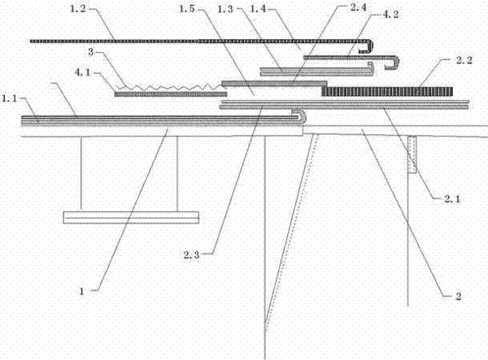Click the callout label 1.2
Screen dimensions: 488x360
77,9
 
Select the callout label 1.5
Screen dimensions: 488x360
187,9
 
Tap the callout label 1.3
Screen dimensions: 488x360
225,9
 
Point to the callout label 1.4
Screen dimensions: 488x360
258,9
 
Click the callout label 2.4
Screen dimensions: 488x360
359,7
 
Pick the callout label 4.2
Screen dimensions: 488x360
390,15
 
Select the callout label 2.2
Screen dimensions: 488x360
464,60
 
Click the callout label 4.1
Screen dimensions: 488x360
82,72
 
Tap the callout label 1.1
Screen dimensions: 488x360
9,98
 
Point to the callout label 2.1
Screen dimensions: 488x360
452,199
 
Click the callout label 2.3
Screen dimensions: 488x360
191,255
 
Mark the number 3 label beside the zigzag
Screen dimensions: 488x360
90,52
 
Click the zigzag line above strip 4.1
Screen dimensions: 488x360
171,87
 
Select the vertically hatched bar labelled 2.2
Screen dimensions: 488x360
387,91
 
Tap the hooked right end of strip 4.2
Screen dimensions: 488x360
393,63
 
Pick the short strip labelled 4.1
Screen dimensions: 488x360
171,94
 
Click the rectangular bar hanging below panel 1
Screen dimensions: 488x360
131,218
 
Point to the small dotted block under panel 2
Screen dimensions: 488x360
412,154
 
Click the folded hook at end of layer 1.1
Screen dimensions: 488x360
299,116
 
